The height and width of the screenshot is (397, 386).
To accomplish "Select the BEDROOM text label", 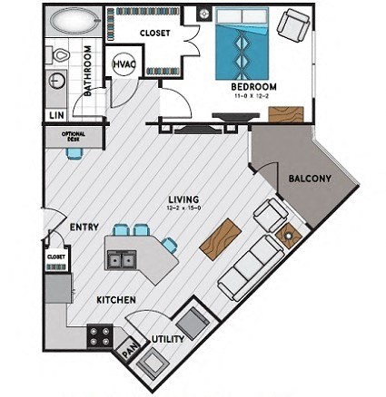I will click(254, 86).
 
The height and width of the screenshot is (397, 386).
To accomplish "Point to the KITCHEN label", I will click(117, 299).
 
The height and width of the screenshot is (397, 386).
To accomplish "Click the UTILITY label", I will click(169, 340).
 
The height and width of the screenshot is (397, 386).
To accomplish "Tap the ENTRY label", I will click(84, 228).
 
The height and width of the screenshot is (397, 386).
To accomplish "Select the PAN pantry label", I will click(130, 345).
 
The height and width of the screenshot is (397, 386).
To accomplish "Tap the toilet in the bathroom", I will click(61, 54).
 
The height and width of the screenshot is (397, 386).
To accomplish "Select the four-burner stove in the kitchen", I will click(99, 336).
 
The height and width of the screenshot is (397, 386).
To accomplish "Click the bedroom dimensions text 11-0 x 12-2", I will click(254, 96).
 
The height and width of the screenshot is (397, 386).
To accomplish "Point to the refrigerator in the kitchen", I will click(58, 289).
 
